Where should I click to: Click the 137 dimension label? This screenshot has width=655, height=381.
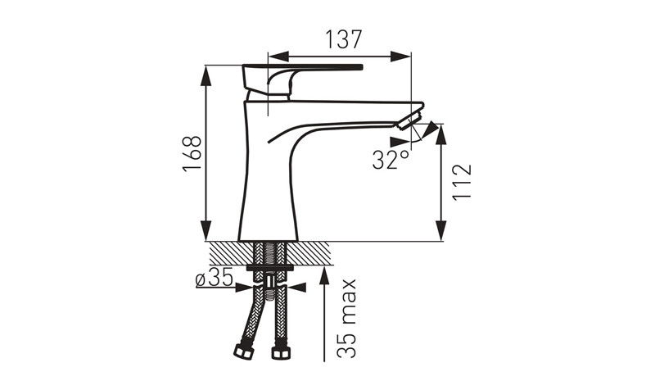tap(343, 39)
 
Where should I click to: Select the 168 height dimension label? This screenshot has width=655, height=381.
tap(192, 153)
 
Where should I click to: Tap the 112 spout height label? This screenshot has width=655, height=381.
tap(462, 183)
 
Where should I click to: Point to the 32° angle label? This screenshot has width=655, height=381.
tap(391, 159)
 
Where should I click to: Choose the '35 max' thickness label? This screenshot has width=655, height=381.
tap(346, 318)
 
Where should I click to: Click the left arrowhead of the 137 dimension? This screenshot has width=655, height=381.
tap(278, 57)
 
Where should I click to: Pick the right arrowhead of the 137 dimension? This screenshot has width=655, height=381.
tap(400, 57)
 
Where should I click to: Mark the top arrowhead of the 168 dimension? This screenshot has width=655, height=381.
tap(206, 75)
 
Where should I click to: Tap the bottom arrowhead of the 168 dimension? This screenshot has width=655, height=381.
tap(206, 231)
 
